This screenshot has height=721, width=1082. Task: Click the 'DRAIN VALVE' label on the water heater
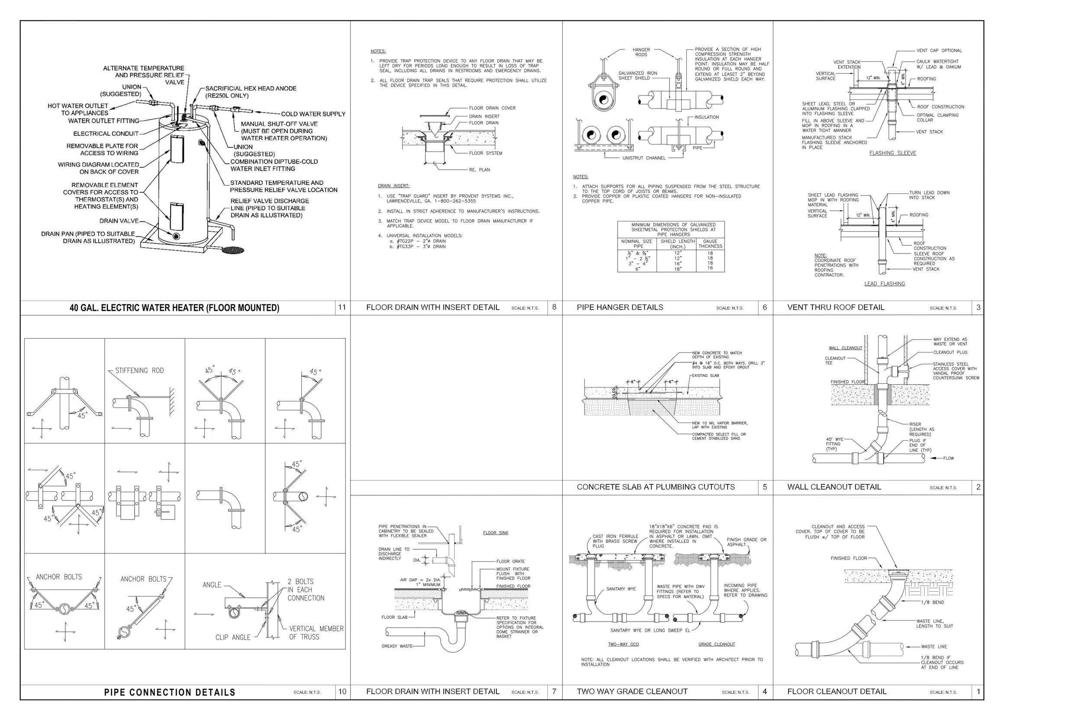coord(119,221)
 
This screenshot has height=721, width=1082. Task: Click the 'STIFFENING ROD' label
coord(139,371)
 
